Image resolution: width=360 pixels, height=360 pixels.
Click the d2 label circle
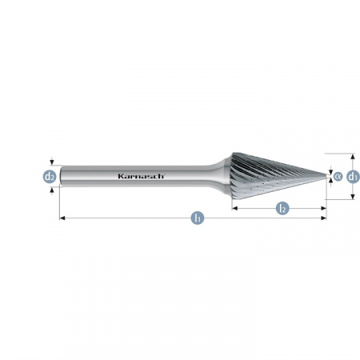click(50, 176)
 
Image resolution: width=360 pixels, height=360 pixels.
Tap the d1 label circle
click(353, 176)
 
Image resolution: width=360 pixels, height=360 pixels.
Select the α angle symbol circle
click(337, 176)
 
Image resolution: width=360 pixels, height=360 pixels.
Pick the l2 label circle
click(282, 208)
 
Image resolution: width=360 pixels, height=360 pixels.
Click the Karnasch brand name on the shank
click(140, 176)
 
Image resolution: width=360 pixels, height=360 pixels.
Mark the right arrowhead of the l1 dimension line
click(324, 218)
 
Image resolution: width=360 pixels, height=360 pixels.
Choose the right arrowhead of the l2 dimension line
click(324, 208)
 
